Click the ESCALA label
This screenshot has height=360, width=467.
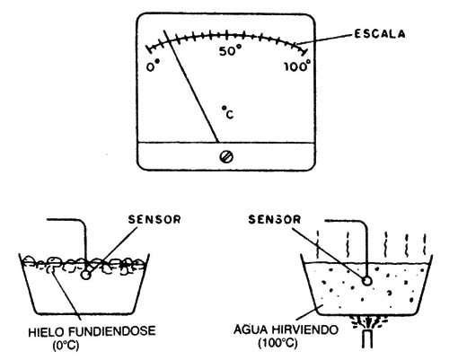[x=380, y=34]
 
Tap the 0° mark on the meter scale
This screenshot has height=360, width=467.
[x=153, y=66]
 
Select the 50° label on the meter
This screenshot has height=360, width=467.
[x=230, y=51]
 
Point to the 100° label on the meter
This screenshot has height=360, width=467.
[x=297, y=66]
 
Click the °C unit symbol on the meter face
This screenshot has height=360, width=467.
[x=228, y=112]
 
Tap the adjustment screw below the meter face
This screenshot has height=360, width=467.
[x=226, y=157]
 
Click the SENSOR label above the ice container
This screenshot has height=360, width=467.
[x=154, y=219]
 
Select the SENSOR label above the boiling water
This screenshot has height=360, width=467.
[x=274, y=220]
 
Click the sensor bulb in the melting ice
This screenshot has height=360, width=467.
[x=85, y=275]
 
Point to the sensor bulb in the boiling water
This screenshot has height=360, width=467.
[x=367, y=281]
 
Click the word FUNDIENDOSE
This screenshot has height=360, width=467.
[x=112, y=331]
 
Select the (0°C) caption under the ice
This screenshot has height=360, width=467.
[x=66, y=346]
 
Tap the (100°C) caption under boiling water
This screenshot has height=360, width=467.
[x=278, y=343]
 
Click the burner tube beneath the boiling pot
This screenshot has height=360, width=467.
[x=367, y=339]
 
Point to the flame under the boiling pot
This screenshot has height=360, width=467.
[x=367, y=321]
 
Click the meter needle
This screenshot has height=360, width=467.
[x=191, y=86]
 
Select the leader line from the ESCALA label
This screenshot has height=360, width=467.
[x=325, y=40]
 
